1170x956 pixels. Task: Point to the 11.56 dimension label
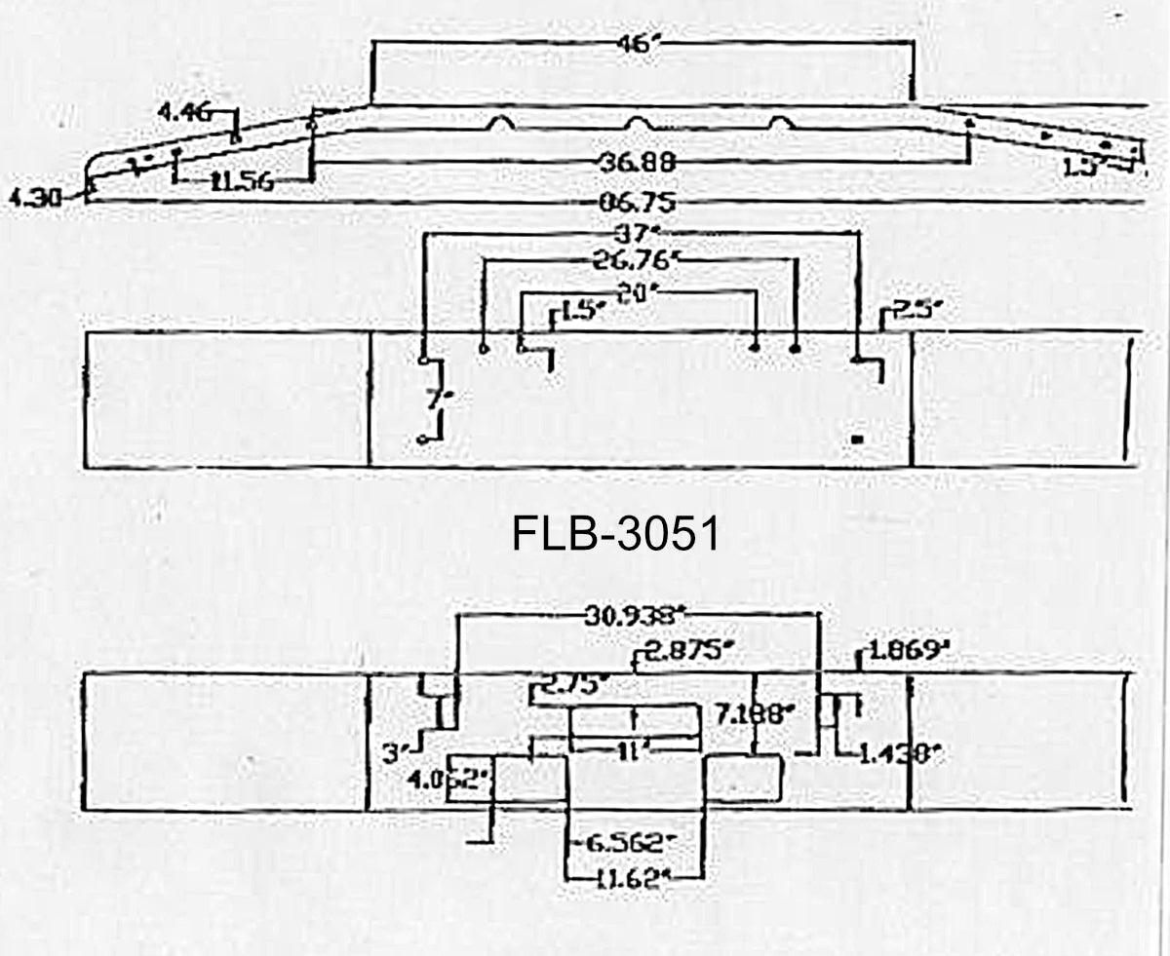pos(241,181)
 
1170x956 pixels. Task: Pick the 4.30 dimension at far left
pos(34,198)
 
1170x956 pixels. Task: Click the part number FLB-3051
pos(615,535)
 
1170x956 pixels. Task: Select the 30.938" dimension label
pos(635,614)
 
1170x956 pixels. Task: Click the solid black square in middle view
pos(857,440)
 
